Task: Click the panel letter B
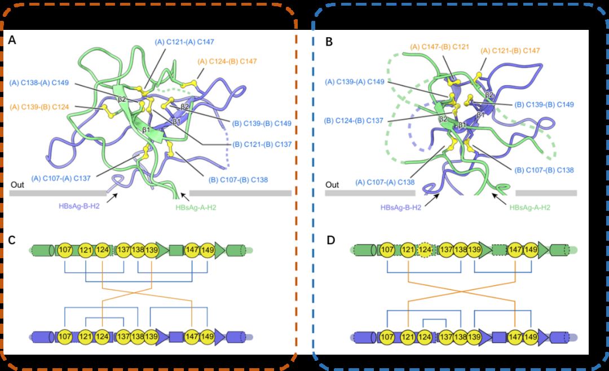329,41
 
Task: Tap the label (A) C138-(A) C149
39,83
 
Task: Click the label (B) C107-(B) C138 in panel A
239,180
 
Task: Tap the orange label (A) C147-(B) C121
439,46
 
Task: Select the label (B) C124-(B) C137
355,120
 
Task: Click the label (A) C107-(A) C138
385,182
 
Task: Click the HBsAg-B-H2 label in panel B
401,207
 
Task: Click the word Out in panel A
17,184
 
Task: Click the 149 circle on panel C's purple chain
207,337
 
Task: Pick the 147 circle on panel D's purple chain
515,338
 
